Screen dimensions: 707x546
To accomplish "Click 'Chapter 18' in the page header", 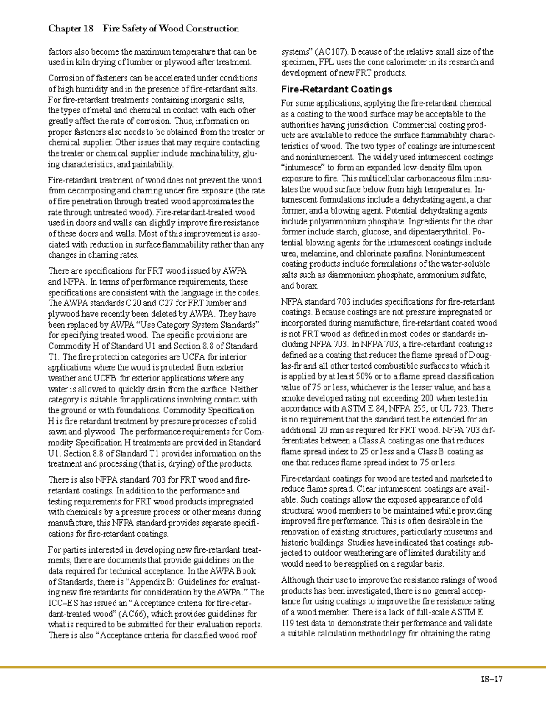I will coord(71,29).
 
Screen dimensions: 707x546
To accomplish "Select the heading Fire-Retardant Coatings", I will coord(336,89).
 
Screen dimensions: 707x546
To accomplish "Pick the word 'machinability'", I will coord(214,153).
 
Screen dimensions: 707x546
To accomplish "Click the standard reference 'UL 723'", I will coord(457,409).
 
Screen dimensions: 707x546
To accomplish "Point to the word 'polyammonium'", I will coord(334,222).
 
